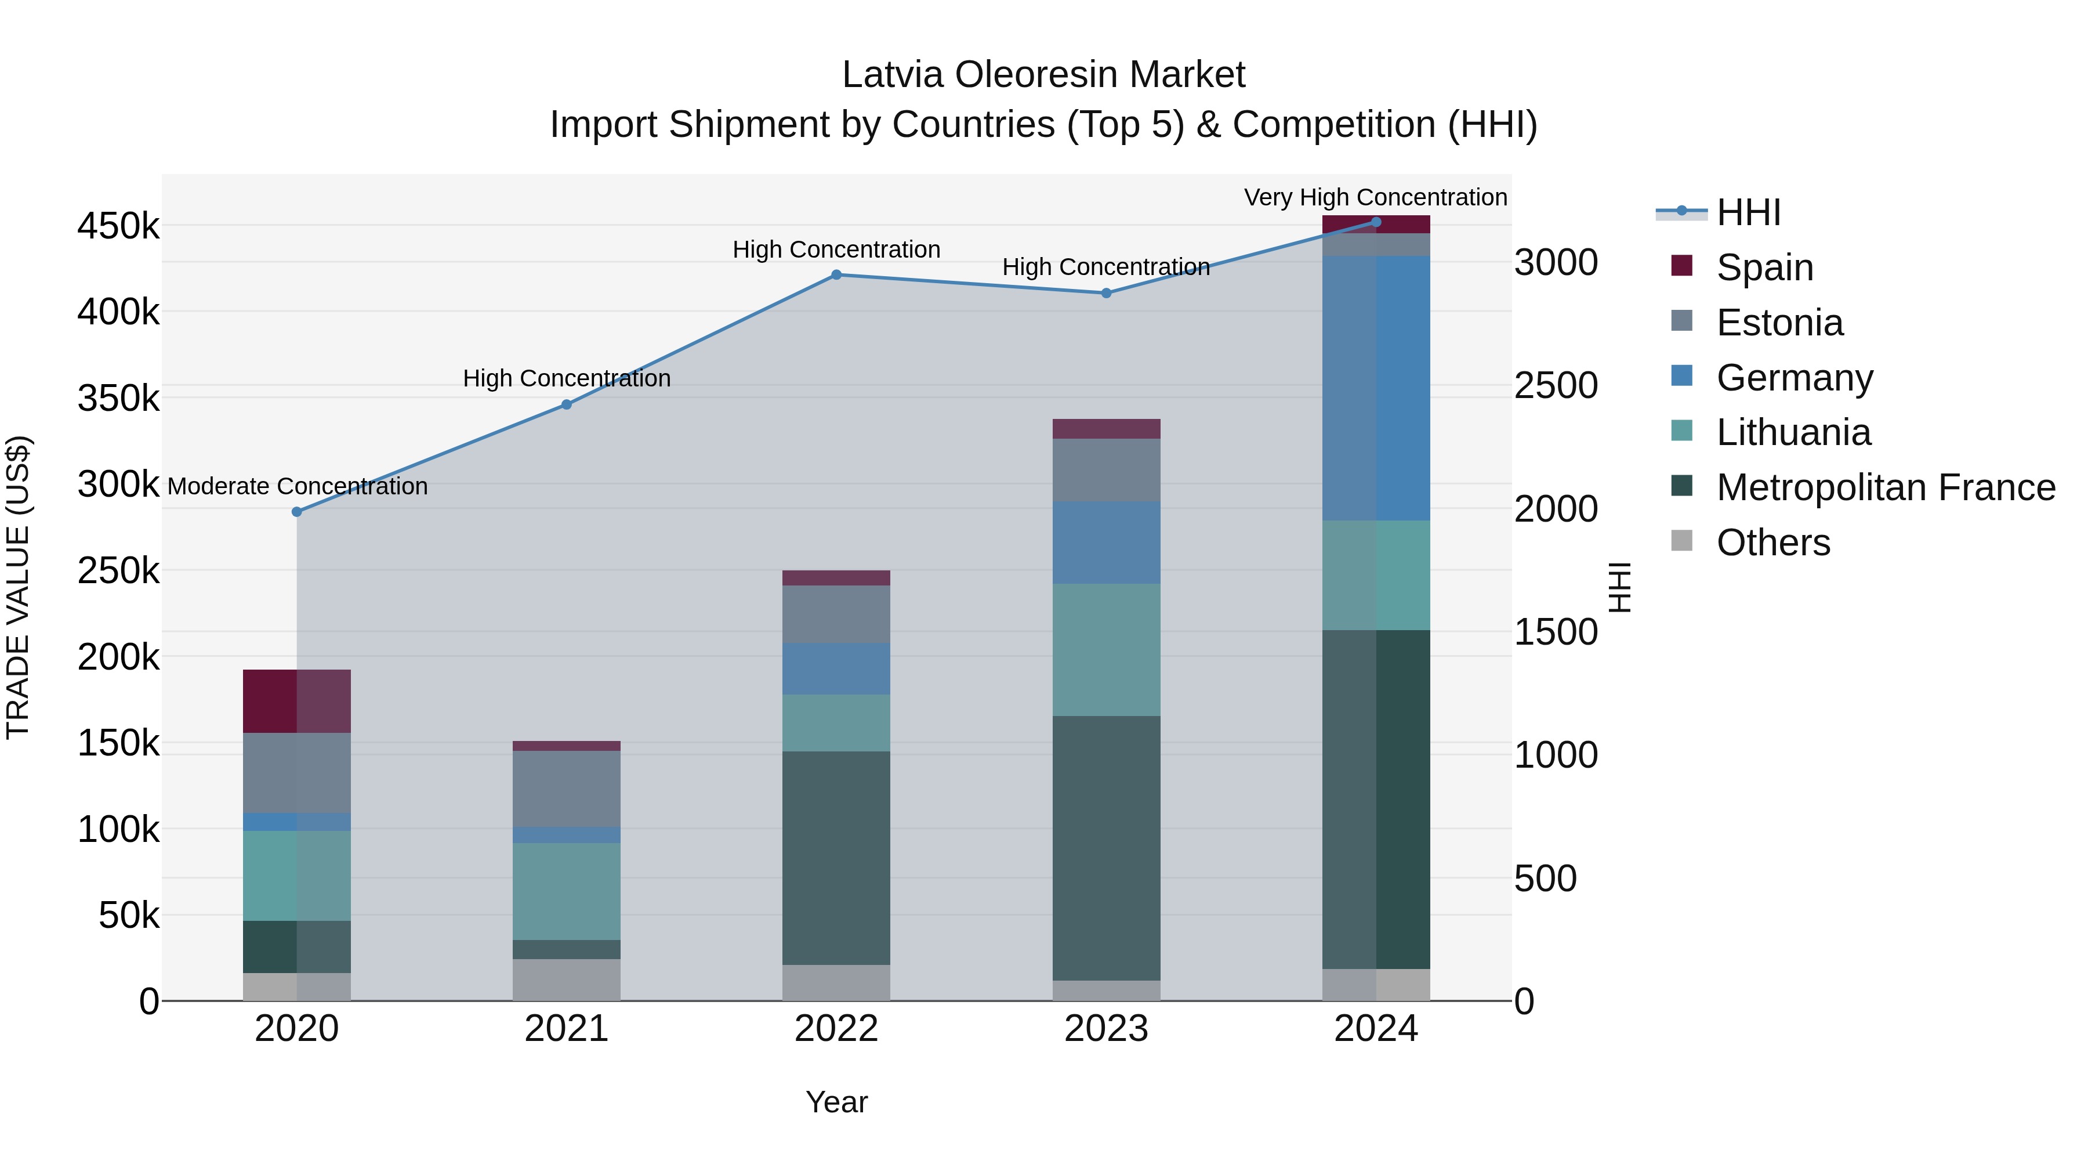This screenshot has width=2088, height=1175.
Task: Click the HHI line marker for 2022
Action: (x=836, y=275)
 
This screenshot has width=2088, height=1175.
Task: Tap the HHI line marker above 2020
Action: (x=296, y=512)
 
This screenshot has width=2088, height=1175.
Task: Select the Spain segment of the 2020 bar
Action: (x=296, y=702)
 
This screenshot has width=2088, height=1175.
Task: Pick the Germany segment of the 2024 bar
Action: (x=1376, y=388)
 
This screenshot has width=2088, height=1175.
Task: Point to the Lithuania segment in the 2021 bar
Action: (x=567, y=891)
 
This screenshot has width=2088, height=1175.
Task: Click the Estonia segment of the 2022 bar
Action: (x=836, y=614)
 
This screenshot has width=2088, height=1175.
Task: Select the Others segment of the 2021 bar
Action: (x=567, y=979)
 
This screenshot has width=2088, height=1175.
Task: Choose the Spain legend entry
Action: (x=1764, y=267)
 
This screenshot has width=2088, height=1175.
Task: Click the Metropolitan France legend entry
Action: (x=1886, y=487)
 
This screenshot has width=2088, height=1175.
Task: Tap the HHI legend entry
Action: (x=1748, y=212)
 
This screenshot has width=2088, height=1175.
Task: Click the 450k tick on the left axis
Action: (x=118, y=226)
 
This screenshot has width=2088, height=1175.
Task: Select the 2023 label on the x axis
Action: (x=1107, y=1029)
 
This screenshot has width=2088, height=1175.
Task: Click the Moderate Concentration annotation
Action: (x=298, y=487)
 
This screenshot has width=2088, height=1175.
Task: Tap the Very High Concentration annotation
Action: (x=1376, y=197)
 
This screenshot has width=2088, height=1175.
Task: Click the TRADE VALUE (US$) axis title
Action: (x=18, y=587)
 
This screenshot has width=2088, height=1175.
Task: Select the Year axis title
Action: (x=836, y=1102)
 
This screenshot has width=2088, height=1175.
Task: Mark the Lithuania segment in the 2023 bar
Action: (x=1107, y=649)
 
